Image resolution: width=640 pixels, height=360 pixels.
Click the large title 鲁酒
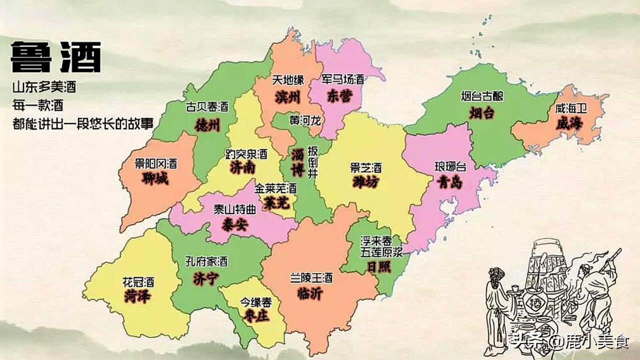pyautogui.click(x=56, y=57)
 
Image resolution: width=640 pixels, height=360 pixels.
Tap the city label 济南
pyautogui.click(x=243, y=168)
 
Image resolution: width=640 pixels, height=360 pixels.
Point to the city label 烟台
pyautogui.click(x=482, y=112)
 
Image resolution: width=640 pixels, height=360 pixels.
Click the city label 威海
pyautogui.click(x=569, y=123)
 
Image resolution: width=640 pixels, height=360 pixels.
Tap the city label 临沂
pyautogui.click(x=309, y=293)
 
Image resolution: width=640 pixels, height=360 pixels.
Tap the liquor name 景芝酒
pyautogui.click(x=365, y=167)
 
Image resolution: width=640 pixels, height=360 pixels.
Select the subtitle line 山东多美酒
pyautogui.click(x=44, y=87)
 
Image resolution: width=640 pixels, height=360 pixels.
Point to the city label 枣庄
pyautogui.click(x=254, y=316)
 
